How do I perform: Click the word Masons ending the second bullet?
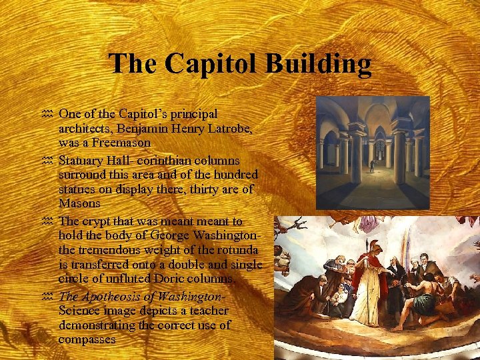(x=79, y=203)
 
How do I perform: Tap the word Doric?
(x=183, y=278)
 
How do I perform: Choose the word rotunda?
(x=234, y=249)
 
